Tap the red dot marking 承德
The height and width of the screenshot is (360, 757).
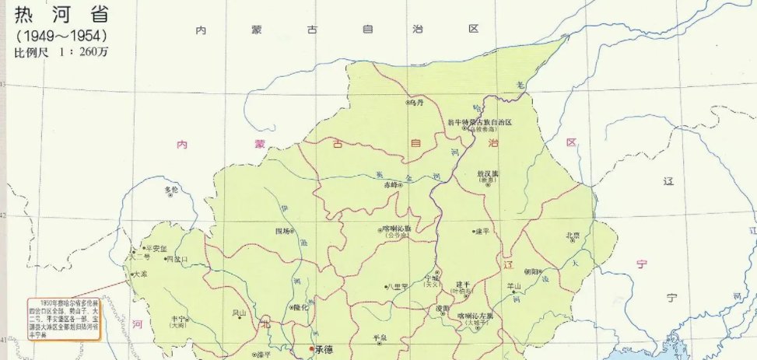point(312,349)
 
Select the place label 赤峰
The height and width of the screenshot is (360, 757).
point(391,185)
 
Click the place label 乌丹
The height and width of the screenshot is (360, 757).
point(416,102)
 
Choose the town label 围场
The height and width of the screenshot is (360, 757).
point(284,231)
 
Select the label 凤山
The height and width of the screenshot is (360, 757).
point(239,313)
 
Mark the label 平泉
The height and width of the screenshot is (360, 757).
point(380,337)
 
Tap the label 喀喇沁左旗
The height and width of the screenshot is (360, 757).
point(475,315)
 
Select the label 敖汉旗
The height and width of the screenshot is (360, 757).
point(486,173)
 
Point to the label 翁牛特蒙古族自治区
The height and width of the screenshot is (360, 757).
point(480,123)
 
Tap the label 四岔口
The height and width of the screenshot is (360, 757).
point(177,259)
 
